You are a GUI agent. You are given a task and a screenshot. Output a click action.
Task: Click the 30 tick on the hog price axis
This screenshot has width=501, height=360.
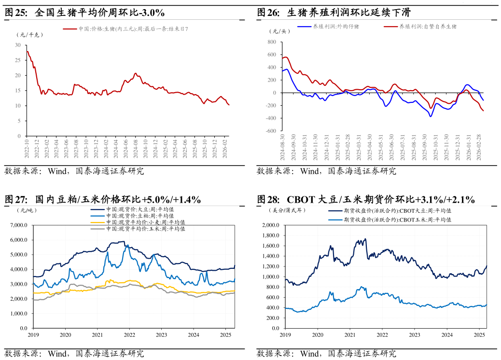pyautogui.click(x=18, y=45)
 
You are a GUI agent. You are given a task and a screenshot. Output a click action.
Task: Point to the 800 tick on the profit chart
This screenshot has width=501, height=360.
pyautogui.click(x=272, y=42)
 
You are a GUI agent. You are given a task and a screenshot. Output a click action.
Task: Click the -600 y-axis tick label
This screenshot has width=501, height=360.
pyautogui.click(x=270, y=131)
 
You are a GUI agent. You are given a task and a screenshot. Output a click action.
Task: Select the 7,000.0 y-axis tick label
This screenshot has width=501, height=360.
pyautogui.click(x=20, y=225)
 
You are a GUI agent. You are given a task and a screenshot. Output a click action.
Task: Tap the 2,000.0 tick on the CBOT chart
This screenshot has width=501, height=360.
pyautogui.click(x=271, y=225)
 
